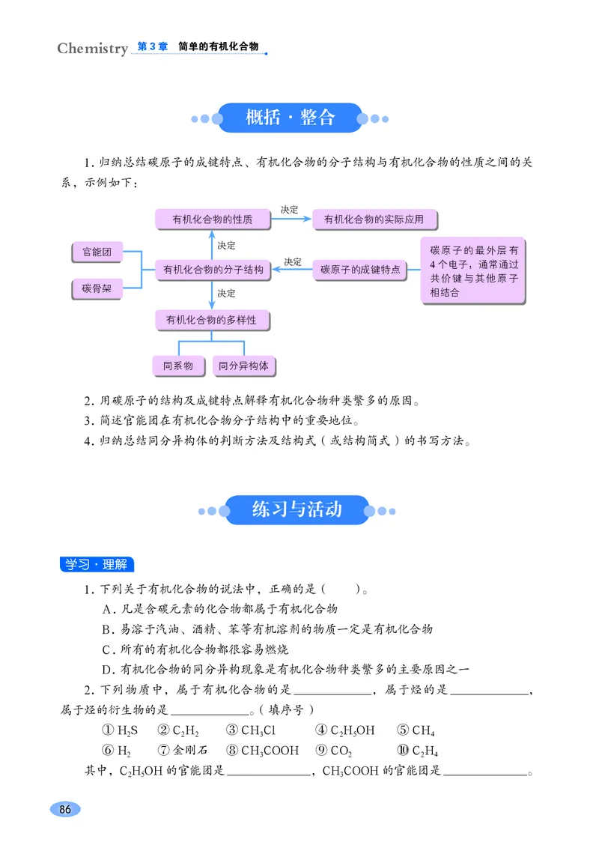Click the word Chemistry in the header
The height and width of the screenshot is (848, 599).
coord(93,49)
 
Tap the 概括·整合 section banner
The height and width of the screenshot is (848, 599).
coord(291,118)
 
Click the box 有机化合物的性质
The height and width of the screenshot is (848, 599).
coord(213,219)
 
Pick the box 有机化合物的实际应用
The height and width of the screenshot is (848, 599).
coord(374,219)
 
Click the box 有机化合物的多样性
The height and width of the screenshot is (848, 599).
coord(212,321)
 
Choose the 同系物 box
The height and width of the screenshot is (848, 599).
coord(178,366)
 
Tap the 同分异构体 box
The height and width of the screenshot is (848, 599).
coord(243,366)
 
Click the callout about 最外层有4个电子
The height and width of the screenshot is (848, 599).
coord(473,270)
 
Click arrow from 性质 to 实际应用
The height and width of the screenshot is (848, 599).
coord(291,219)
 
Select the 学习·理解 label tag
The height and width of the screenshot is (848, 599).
coord(96,564)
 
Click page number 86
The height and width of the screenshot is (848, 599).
coord(64,810)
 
